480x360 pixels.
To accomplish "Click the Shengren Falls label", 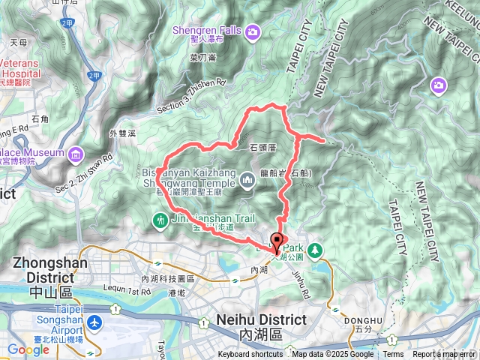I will (205, 30).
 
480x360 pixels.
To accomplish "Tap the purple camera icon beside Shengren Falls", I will (253, 31).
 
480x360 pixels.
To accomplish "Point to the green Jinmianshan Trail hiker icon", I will (159, 220).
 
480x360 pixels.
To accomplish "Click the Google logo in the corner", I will (28, 350).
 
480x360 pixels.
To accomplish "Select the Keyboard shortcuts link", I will (250, 355).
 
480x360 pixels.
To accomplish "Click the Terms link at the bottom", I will (393, 355).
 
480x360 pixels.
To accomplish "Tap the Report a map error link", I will (444, 355).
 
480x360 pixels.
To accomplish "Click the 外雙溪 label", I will (121, 133).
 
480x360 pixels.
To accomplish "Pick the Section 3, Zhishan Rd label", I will (190, 97).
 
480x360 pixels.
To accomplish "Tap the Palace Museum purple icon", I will (76, 155).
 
